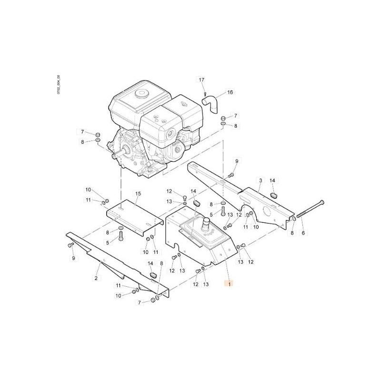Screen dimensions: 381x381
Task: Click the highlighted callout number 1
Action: point(230,283)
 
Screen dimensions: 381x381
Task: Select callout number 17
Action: point(201,80)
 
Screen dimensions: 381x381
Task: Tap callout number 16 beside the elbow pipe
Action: point(230,92)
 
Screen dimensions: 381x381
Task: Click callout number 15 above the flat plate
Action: point(138,194)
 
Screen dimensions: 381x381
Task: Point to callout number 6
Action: point(303,233)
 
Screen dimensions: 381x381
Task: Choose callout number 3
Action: point(261,180)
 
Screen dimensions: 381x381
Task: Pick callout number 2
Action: point(96,278)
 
